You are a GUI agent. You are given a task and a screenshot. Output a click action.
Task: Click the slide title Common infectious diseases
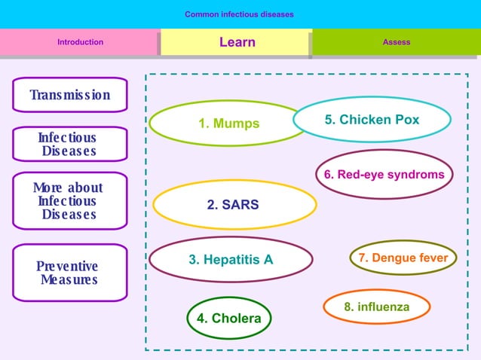[x=239, y=14]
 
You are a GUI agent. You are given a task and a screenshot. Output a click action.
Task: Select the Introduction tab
[x=80, y=42]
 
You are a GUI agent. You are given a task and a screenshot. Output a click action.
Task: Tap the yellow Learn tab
[x=237, y=42]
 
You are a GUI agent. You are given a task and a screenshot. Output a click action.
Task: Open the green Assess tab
[x=396, y=42]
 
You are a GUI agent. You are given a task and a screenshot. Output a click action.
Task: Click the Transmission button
[x=69, y=95]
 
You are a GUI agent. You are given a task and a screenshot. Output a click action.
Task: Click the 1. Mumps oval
[x=228, y=124]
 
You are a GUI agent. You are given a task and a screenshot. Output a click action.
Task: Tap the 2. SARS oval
[x=234, y=204]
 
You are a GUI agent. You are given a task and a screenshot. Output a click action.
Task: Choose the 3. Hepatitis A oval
[x=231, y=260]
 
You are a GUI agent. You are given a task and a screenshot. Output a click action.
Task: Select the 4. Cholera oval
[x=228, y=318]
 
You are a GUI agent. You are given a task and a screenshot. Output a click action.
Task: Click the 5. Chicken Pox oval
[x=372, y=120]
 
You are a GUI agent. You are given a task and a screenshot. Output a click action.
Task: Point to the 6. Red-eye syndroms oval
[x=384, y=175]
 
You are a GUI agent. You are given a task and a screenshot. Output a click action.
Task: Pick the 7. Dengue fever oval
[x=403, y=258]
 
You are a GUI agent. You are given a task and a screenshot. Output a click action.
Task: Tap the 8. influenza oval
[x=376, y=307]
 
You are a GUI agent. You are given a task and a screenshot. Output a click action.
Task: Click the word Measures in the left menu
[x=69, y=279]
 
